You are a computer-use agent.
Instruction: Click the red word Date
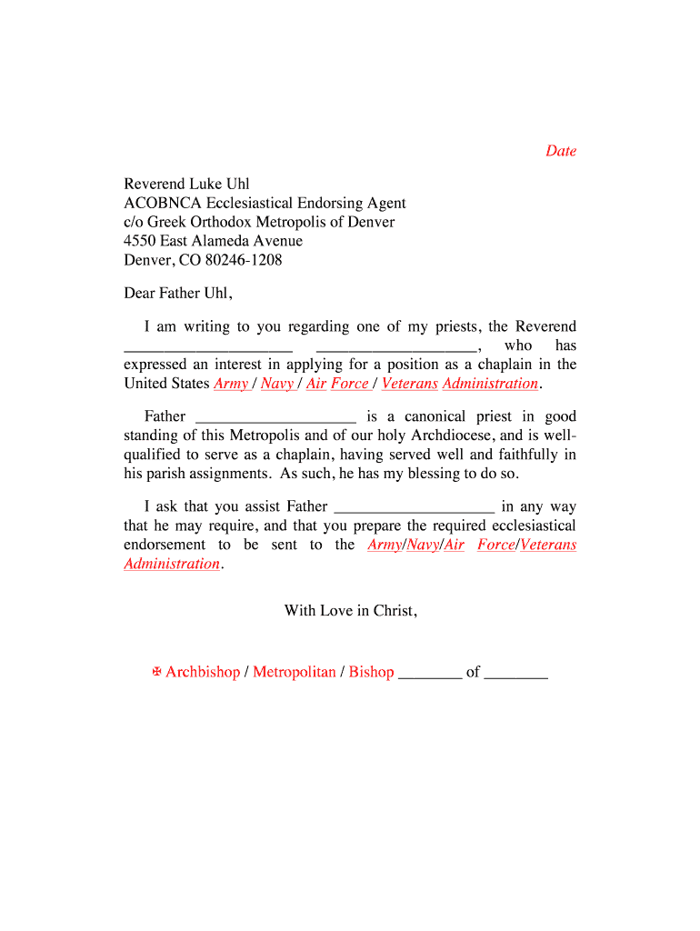pyautogui.click(x=561, y=151)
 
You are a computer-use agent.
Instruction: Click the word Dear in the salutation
pyautogui.click(x=139, y=294)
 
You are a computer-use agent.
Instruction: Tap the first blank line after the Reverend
pyautogui.click(x=208, y=349)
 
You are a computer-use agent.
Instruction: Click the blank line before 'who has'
pyautogui.click(x=395, y=349)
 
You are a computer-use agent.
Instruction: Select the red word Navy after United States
pyautogui.click(x=277, y=384)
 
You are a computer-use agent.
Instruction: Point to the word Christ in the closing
pyautogui.click(x=395, y=610)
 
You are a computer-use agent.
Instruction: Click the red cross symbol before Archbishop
pyautogui.click(x=156, y=672)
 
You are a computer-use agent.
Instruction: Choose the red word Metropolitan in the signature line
pyautogui.click(x=294, y=673)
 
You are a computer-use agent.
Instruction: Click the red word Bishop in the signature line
pyautogui.click(x=371, y=673)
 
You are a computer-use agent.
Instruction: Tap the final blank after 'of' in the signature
pyautogui.click(x=516, y=677)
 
